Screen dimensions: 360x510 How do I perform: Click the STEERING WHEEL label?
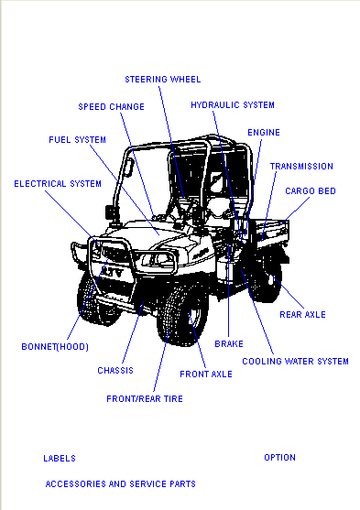(163, 80)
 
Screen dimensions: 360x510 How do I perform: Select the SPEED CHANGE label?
(112, 107)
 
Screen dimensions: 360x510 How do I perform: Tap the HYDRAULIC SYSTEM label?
(233, 105)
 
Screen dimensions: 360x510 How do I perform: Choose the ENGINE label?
(264, 133)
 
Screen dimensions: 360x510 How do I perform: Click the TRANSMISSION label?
(301, 167)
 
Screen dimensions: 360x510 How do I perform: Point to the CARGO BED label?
(311, 191)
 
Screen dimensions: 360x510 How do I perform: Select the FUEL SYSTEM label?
(78, 140)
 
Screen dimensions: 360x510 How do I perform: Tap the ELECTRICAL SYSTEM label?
(58, 184)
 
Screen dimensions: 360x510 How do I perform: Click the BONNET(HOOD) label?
(55, 347)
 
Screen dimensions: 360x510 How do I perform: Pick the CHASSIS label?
(115, 371)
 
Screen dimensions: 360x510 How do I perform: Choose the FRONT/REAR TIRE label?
(145, 399)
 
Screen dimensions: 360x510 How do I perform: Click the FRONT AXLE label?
(206, 374)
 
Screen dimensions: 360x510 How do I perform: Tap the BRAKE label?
(229, 343)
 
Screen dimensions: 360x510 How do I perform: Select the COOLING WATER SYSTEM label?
(295, 362)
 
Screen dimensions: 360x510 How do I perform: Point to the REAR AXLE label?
(302, 315)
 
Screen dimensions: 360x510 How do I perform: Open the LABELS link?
(60, 459)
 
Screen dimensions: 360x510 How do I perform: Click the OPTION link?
(279, 457)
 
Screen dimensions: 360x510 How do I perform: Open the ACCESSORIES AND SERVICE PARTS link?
(120, 484)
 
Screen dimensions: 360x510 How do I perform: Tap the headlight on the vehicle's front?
(157, 259)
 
